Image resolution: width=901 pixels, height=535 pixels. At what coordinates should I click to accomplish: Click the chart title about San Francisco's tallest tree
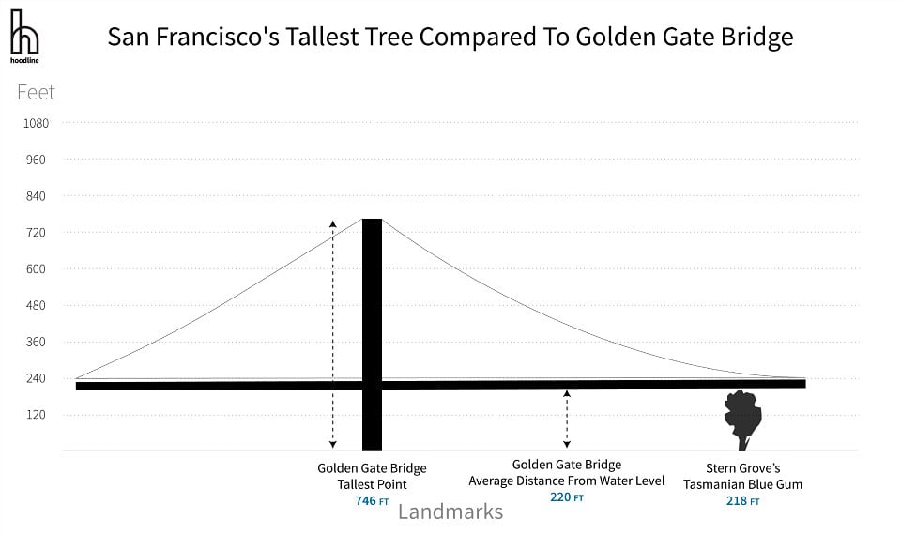(x=450, y=37)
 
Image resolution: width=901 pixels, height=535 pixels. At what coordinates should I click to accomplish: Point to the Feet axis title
(x=36, y=93)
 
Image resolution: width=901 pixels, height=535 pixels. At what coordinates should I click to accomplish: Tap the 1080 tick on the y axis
(x=36, y=123)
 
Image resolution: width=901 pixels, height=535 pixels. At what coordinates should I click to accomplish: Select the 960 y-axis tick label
(x=36, y=160)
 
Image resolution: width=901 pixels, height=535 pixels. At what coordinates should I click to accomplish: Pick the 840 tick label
(x=36, y=196)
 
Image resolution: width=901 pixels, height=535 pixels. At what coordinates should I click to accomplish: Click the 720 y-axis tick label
(x=36, y=233)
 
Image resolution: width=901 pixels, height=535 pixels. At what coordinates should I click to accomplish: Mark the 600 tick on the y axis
(x=36, y=269)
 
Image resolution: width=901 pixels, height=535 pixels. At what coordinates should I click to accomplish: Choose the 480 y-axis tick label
(x=36, y=305)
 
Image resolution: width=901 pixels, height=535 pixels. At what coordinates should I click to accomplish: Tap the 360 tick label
(x=36, y=342)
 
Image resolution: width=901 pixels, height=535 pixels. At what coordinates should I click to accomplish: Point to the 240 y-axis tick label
(x=36, y=378)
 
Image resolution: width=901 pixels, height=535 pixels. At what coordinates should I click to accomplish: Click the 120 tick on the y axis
(x=36, y=415)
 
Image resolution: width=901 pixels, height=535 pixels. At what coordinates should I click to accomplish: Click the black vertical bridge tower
(x=372, y=334)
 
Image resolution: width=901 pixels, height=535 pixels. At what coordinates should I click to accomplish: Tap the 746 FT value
(x=372, y=501)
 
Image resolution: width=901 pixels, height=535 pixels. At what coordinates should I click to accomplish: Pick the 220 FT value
(x=567, y=497)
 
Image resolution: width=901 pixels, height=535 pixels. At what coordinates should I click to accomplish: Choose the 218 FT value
(x=743, y=501)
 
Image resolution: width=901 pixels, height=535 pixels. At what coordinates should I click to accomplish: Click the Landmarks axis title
(x=450, y=512)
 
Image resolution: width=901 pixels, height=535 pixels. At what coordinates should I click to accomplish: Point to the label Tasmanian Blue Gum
(x=743, y=484)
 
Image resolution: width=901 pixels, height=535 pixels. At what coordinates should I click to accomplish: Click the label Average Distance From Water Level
(x=567, y=481)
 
